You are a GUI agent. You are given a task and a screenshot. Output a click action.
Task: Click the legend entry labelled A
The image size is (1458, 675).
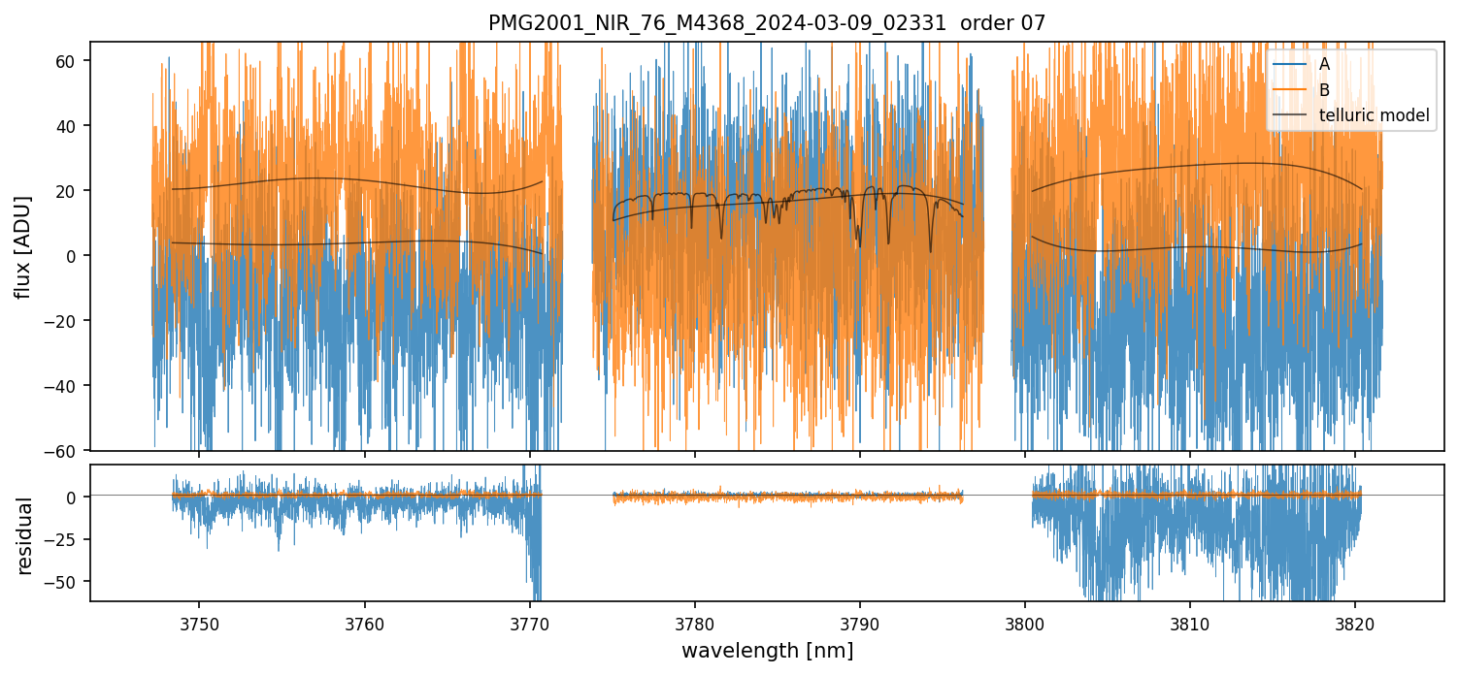pyautogui.click(x=1324, y=65)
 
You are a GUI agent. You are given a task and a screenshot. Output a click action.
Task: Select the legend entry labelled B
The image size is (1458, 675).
pyautogui.click(x=1324, y=90)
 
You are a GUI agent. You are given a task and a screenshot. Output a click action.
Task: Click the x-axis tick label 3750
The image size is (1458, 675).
pyautogui.click(x=199, y=623)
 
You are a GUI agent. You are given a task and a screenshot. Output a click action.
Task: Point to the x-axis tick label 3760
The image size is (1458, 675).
pyautogui.click(x=364, y=623)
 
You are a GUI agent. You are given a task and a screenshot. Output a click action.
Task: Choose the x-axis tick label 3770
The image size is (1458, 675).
pyautogui.click(x=530, y=623)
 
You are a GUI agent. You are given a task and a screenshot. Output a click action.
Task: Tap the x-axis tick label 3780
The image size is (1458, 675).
pyautogui.click(x=695, y=623)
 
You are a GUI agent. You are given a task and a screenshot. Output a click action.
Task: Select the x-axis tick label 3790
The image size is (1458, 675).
pyautogui.click(x=860, y=623)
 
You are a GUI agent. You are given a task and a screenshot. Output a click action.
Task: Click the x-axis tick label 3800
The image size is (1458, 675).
pyautogui.click(x=1025, y=623)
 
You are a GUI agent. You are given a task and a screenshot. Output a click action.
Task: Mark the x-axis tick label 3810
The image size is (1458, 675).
pyautogui.click(x=1190, y=623)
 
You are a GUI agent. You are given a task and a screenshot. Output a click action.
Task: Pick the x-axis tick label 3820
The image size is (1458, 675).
pyautogui.click(x=1355, y=623)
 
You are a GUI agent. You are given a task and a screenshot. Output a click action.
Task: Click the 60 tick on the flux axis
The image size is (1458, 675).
pyautogui.click(x=70, y=61)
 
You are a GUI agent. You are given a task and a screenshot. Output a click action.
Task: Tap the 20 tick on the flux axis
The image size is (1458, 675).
pyautogui.click(x=70, y=191)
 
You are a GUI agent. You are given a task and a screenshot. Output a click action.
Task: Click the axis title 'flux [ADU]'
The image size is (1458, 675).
pyautogui.click(x=23, y=246)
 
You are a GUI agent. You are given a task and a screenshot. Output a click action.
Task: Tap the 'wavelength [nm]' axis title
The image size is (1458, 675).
pyautogui.click(x=767, y=651)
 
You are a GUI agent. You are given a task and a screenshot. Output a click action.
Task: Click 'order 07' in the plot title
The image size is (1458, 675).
pyautogui.click(x=1003, y=23)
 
